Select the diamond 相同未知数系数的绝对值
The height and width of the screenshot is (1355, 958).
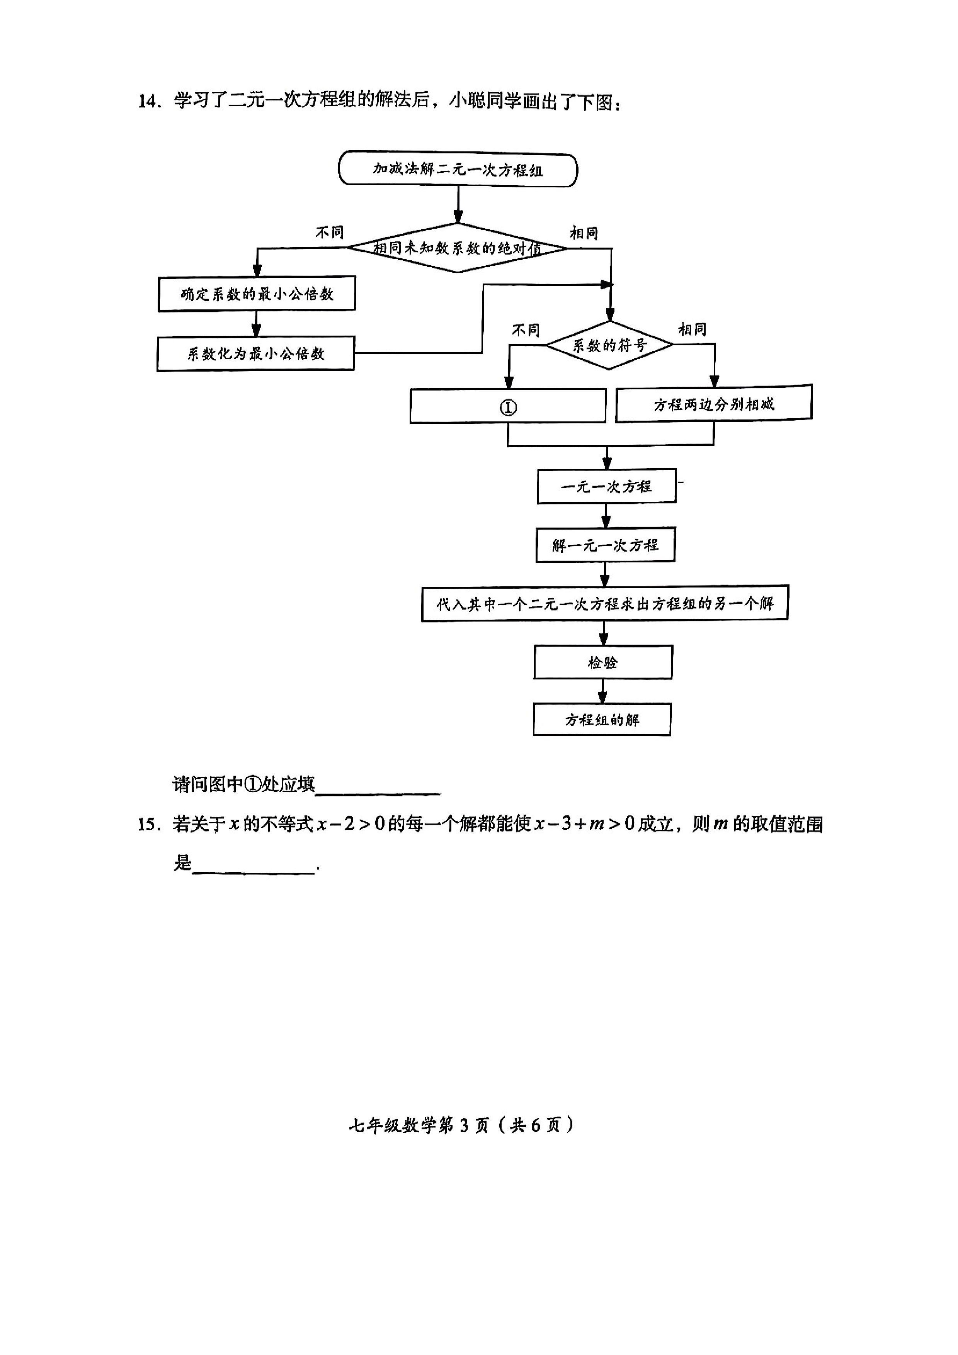458,248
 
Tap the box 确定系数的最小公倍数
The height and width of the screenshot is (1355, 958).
257,293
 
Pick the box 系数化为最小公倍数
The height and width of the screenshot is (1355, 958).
255,353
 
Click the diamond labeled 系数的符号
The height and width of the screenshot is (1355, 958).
609,345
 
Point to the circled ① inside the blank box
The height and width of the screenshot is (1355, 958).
508,407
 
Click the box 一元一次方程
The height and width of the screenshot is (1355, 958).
606,486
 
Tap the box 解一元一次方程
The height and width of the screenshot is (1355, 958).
605,545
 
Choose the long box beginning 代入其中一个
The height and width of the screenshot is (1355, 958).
604,603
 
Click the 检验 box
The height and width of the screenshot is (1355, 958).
602,662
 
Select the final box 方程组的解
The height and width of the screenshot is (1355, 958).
602,719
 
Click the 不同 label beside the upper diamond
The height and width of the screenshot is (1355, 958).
329,233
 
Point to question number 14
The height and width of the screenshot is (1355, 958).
149,102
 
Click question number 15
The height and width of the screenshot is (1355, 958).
149,824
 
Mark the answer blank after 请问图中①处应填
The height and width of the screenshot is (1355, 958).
378,786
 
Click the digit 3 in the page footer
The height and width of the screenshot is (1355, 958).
464,1126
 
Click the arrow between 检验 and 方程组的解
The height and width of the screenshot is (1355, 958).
602,691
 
